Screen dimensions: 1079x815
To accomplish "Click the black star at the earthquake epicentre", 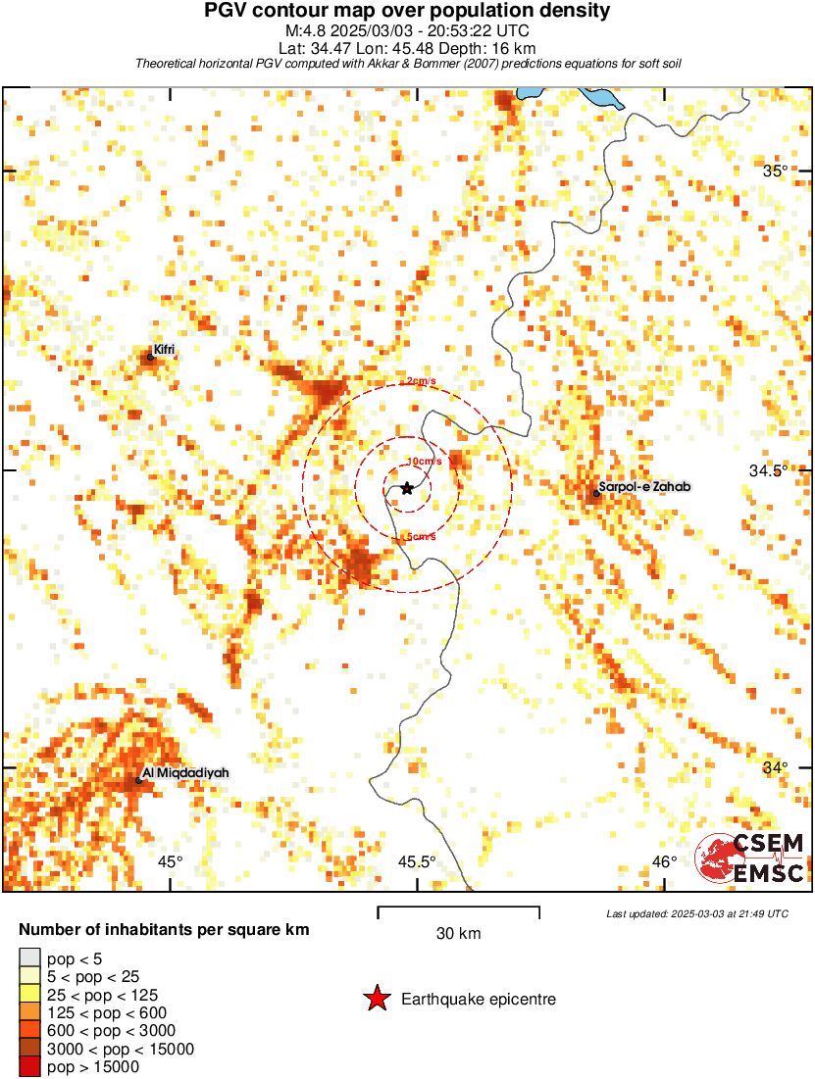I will coord(407,488).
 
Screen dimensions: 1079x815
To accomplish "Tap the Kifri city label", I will coord(164,349).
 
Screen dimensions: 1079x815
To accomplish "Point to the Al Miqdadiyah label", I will coord(185,773).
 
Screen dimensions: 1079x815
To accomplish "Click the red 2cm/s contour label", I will coord(421,381).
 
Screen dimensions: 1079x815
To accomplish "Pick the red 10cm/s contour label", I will coord(423,461).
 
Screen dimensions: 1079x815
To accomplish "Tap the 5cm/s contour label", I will coord(419,536).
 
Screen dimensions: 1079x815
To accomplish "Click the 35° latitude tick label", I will coord(776,171).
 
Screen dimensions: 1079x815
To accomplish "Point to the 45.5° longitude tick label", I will coord(417,862).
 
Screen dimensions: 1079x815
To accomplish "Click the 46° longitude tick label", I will coord(664,862).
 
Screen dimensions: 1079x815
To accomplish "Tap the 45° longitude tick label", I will coord(171,862).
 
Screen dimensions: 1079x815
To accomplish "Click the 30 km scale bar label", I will coord(458,934).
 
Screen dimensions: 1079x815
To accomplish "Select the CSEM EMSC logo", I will coord(751,858).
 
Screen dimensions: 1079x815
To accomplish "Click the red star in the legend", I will coord(376,999).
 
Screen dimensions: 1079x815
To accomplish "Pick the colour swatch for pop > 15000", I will coord(29,1066).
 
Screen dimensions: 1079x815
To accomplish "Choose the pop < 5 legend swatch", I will coord(29,957).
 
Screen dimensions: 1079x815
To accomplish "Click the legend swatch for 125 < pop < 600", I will coord(29,1011).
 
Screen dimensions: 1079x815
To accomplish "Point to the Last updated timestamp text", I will coord(696,913).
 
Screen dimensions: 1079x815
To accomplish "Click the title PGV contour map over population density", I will coord(407,12).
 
